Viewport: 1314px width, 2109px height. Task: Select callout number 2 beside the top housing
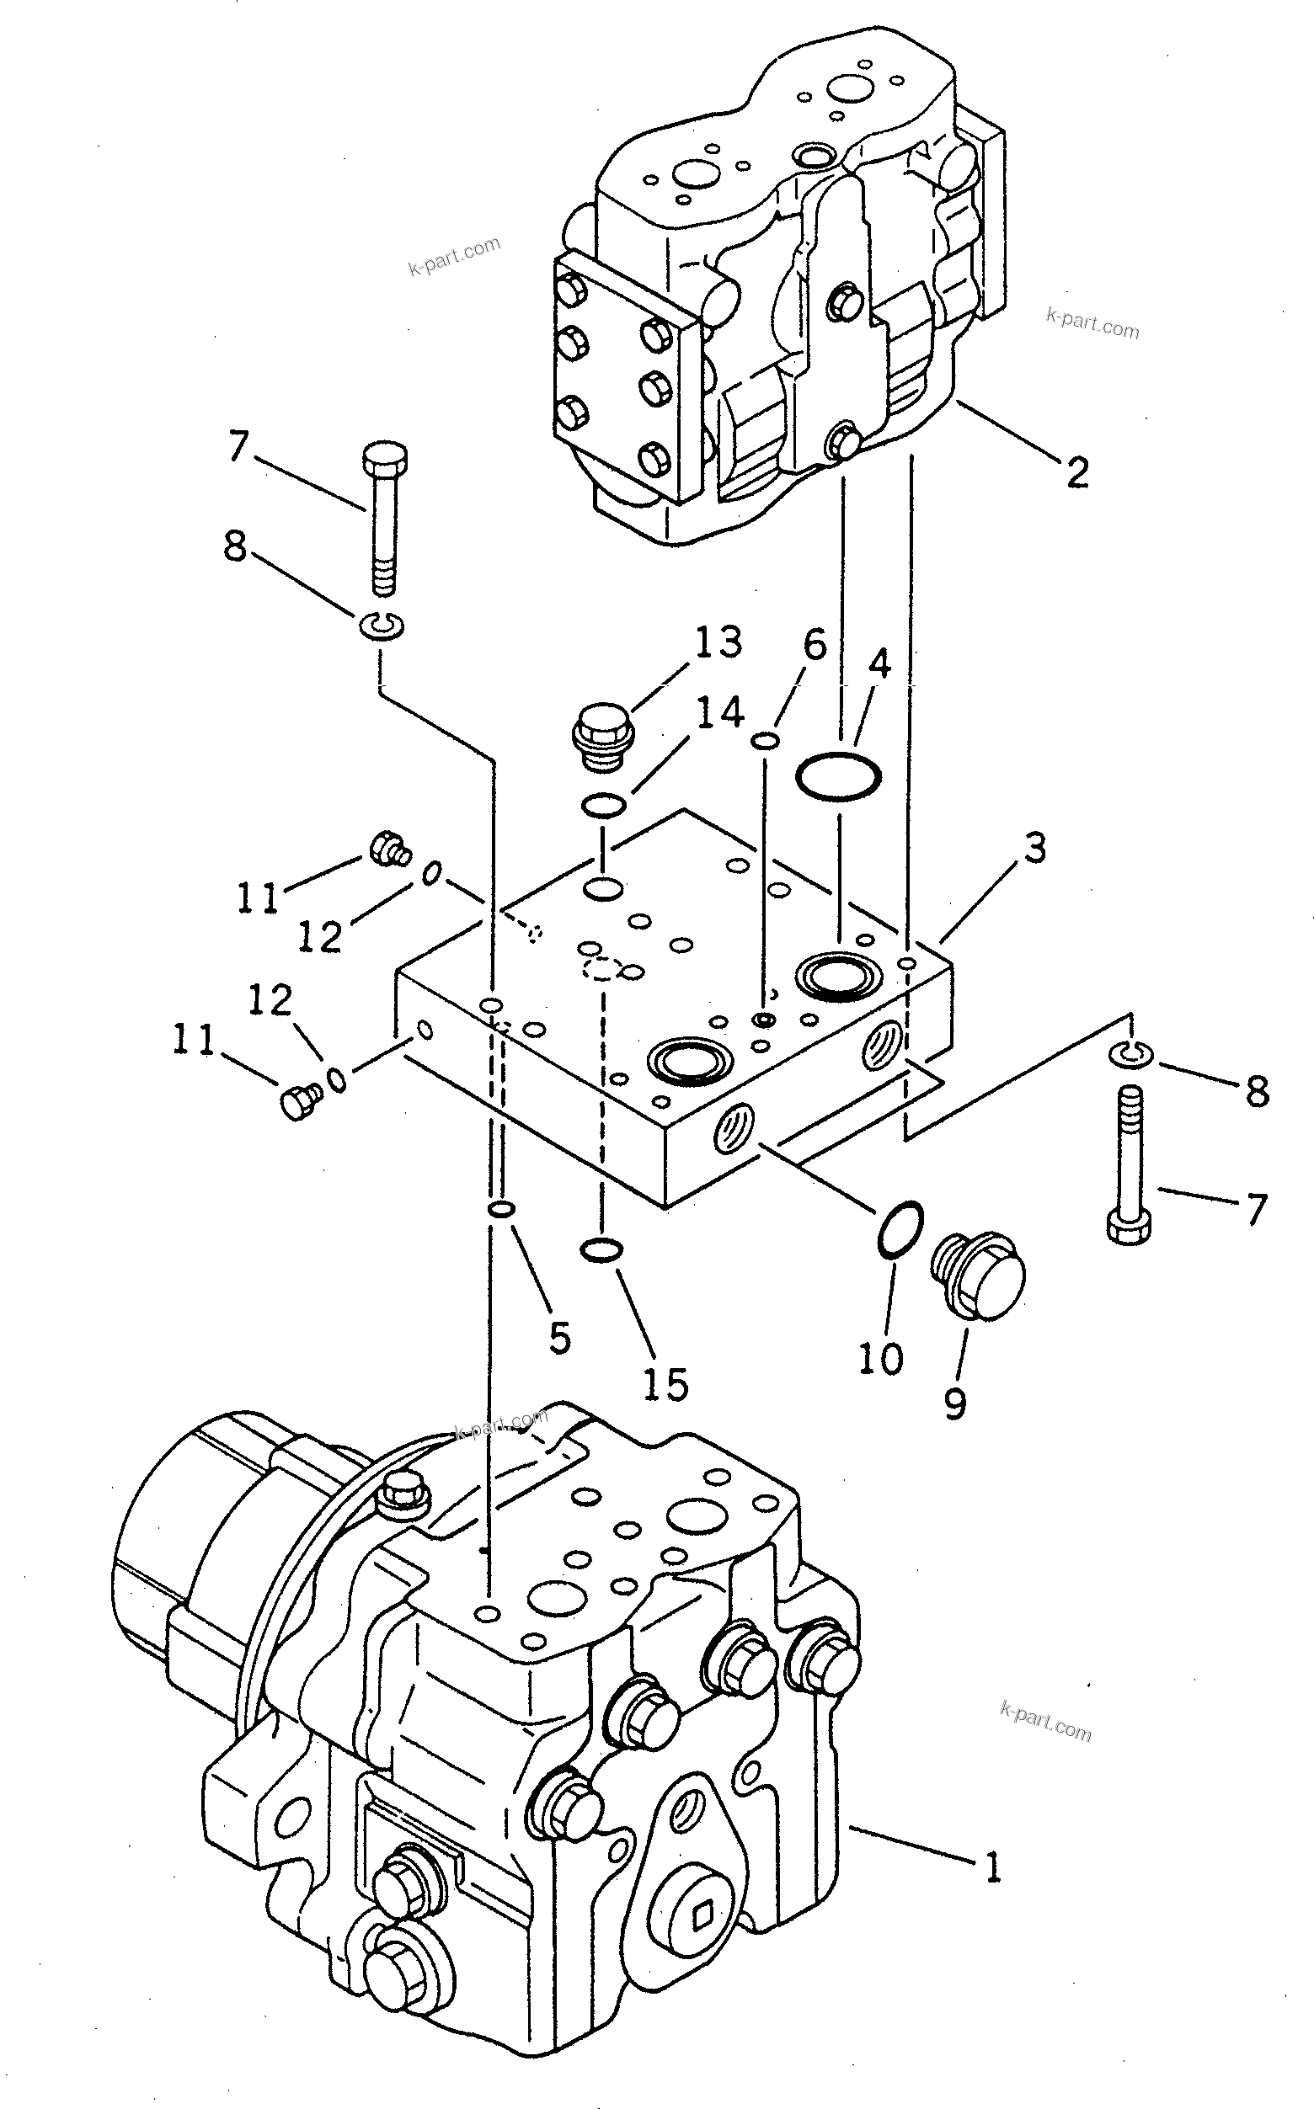[1077, 471]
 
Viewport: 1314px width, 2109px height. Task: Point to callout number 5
[559, 1338]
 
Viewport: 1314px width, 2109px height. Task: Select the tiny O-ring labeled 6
[765, 740]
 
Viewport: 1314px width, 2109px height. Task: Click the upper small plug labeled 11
[388, 848]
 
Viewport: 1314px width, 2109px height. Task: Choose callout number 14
[720, 712]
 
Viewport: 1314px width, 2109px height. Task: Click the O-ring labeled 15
[601, 1250]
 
